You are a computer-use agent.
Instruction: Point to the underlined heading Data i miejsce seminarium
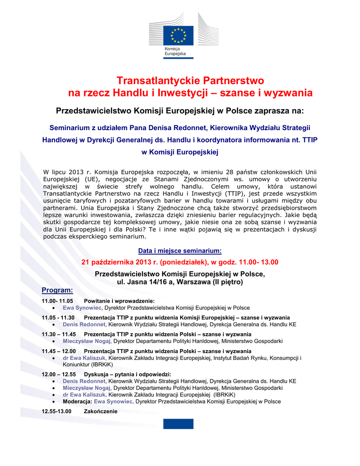[180, 250]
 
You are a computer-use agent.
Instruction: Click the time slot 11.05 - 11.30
[58, 318]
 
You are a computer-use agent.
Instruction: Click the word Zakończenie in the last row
[101, 411]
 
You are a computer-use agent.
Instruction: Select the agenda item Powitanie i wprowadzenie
[119, 301]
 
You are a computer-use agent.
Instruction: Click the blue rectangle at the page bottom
[178, 424]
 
